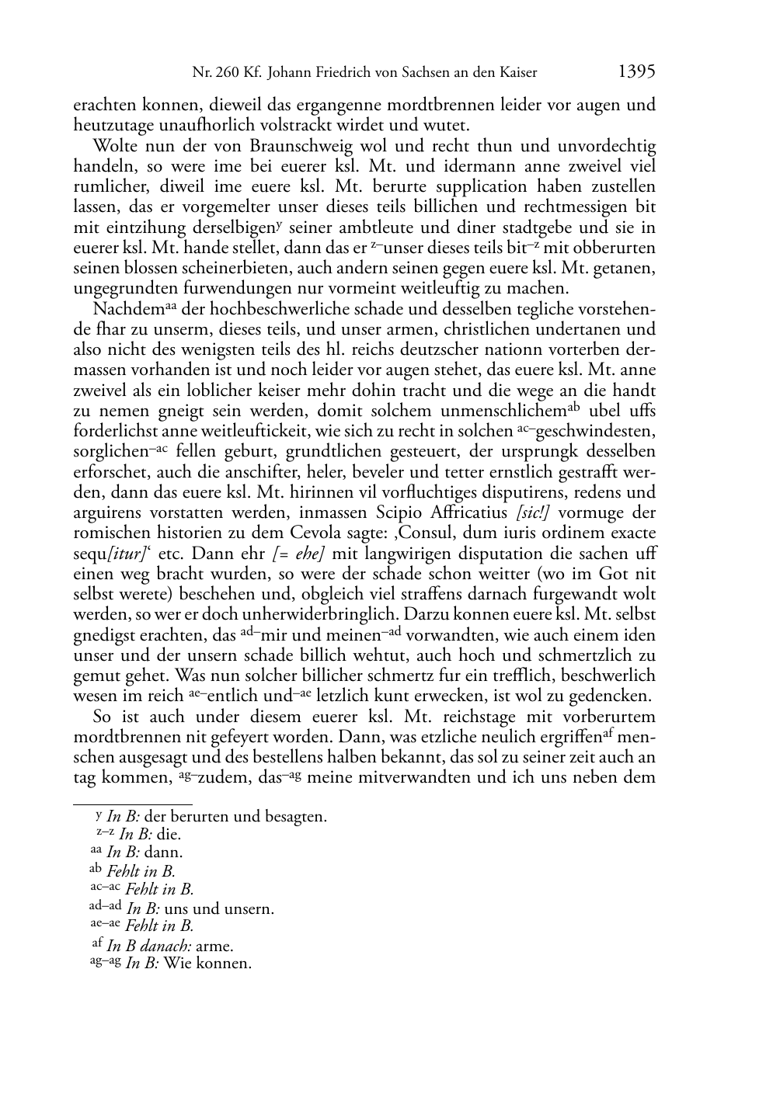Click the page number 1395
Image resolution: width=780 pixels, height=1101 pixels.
click(636, 72)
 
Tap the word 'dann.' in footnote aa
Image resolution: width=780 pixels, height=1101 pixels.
click(165, 853)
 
